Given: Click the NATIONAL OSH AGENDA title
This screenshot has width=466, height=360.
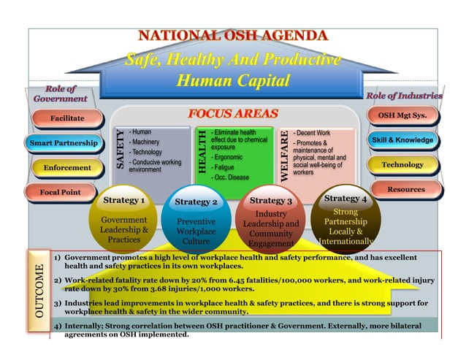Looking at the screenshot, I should point(234,36).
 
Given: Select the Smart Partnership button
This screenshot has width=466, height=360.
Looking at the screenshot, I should point(64,142).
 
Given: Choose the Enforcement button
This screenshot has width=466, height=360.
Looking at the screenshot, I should point(67,168).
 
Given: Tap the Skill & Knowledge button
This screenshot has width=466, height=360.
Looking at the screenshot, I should point(402,139).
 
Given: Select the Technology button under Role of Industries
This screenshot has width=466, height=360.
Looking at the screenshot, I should point(402,165).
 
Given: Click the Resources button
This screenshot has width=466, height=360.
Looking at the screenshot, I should point(405,189).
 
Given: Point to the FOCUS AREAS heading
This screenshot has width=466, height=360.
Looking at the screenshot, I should point(233,114).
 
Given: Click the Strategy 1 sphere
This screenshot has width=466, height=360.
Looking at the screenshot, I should point(123,219).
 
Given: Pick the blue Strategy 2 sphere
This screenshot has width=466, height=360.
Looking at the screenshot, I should point(196,223).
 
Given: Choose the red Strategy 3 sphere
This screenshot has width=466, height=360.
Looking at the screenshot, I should point(270,221).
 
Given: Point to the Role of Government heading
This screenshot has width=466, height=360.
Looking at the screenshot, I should point(60,93).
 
